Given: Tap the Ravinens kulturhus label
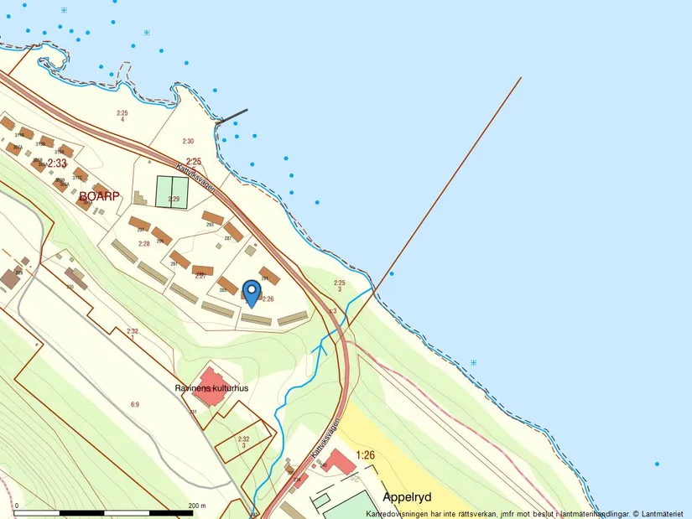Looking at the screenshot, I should pyautogui.click(x=212, y=388).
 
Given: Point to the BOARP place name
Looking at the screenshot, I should pyautogui.click(x=100, y=196).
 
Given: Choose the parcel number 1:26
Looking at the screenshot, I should pyautogui.click(x=366, y=454).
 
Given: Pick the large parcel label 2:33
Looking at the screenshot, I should pyautogui.click(x=56, y=163).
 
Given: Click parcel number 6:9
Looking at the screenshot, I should pyautogui.click(x=134, y=404).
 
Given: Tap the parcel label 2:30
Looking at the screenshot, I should pyautogui.click(x=188, y=142).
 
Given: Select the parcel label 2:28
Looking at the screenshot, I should pyautogui.click(x=143, y=243).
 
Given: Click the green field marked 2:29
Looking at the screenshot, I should pyautogui.click(x=174, y=191).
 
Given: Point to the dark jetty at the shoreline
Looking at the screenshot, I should pyautogui.click(x=232, y=117).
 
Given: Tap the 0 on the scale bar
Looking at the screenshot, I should pyautogui.click(x=17, y=506).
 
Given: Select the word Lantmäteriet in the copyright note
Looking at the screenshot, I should pyautogui.click(x=664, y=513).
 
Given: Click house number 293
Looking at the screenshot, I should pyautogui.click(x=210, y=225).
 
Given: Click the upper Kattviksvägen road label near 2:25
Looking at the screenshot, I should pyautogui.click(x=200, y=176).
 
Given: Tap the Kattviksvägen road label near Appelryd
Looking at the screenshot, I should pyautogui.click(x=328, y=437).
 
